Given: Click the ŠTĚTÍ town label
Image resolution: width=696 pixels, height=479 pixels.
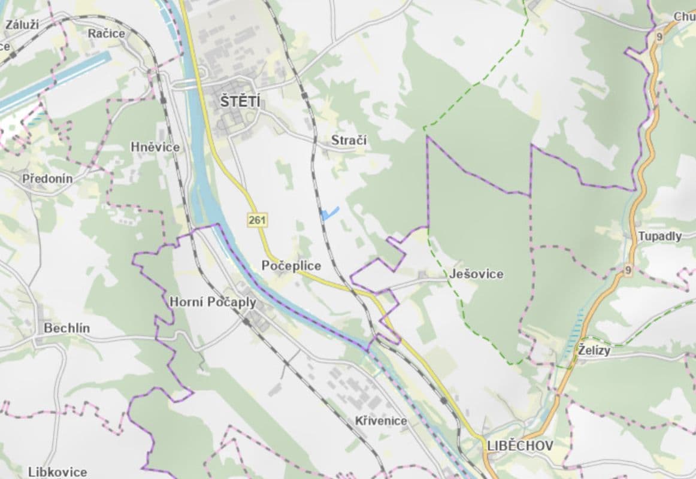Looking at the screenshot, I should (x=240, y=102).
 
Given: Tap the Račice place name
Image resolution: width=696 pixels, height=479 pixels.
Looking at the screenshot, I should (x=107, y=34).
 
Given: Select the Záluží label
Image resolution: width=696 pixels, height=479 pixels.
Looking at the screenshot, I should (x=22, y=25).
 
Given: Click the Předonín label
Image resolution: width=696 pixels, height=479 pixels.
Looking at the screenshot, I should (x=47, y=178).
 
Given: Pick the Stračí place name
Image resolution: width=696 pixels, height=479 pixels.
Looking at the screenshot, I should (x=349, y=141).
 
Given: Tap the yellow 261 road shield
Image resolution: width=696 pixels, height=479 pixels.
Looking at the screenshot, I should (x=257, y=220).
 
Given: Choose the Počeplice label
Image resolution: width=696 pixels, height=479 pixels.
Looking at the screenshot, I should (x=291, y=266).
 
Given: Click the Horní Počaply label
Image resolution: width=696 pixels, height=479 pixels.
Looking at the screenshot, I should (x=213, y=302).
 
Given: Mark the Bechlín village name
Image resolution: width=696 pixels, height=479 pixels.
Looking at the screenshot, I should (x=66, y=328).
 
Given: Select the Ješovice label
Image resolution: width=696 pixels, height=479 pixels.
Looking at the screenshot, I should (x=476, y=274).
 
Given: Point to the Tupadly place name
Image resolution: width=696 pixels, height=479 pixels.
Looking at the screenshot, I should (x=659, y=236).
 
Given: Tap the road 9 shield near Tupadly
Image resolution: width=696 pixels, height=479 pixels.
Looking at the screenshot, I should (x=628, y=270).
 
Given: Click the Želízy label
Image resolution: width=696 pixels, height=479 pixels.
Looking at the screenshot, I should (x=594, y=350).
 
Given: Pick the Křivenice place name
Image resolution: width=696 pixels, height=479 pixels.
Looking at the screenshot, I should (x=380, y=421).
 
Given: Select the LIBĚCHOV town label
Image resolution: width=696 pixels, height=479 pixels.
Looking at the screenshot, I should (x=520, y=446).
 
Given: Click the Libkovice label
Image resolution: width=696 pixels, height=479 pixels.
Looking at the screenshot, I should (x=58, y=472).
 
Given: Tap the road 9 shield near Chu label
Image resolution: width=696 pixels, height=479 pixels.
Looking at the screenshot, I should (x=659, y=37).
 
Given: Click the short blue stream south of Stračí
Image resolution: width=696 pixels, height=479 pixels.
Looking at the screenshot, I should (x=330, y=213).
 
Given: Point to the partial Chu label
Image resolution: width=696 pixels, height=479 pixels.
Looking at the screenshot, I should (x=684, y=17).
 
